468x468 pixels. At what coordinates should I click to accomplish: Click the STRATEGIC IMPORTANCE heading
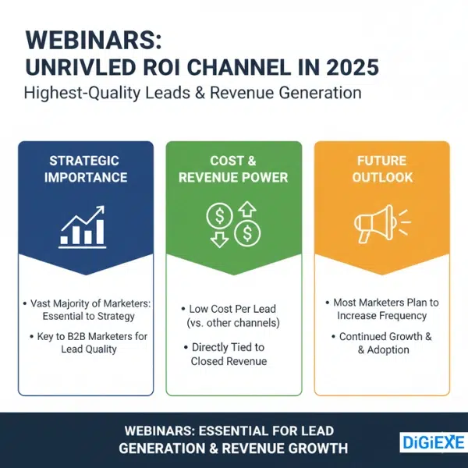86,169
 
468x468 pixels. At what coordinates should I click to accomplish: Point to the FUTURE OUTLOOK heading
381,169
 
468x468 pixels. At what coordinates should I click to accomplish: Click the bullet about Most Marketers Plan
381,309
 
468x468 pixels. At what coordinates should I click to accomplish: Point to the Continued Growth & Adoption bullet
381,343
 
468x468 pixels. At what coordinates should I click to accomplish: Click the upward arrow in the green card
247,210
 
